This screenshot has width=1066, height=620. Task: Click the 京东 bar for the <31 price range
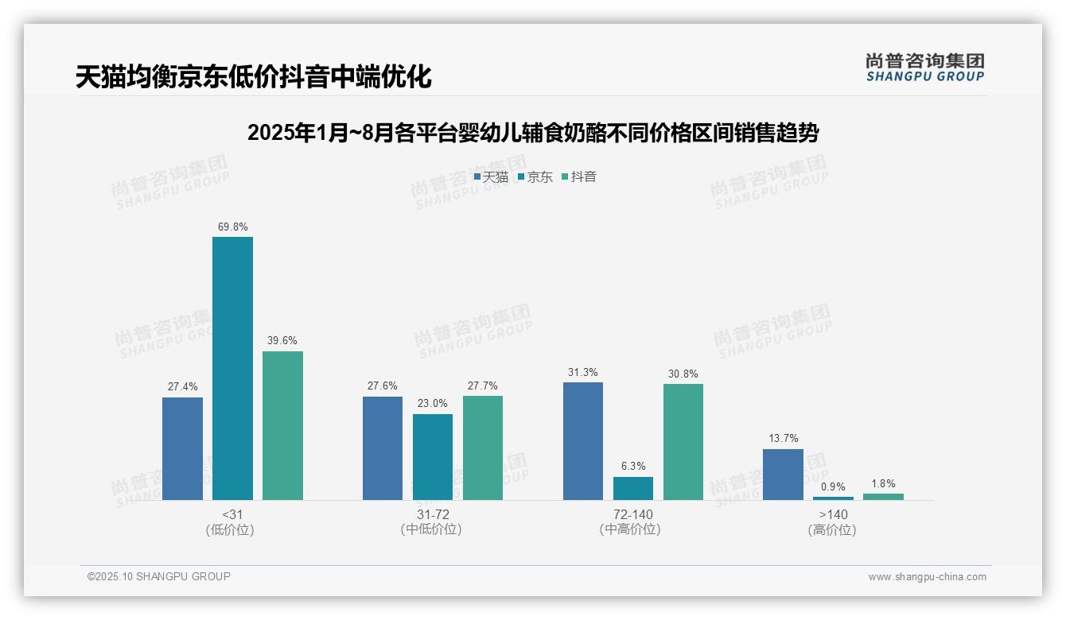pyautogui.click(x=232, y=368)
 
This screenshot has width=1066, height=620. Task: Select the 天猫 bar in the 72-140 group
pyautogui.click(x=583, y=441)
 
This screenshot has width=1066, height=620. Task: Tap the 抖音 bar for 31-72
pyautogui.click(x=483, y=448)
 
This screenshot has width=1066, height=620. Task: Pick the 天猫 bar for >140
pyautogui.click(x=783, y=475)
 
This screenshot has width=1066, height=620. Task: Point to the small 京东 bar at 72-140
pyautogui.click(x=633, y=488)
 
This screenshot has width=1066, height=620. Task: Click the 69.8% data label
pyautogui.click(x=232, y=227)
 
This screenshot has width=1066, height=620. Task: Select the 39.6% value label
pyautogui.click(x=282, y=341)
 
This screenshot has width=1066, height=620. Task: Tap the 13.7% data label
pyautogui.click(x=784, y=439)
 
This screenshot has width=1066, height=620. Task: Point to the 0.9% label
pyautogui.click(x=834, y=487)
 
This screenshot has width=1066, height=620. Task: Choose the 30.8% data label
pyautogui.click(x=683, y=374)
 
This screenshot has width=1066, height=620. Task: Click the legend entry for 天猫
pyautogui.click(x=491, y=177)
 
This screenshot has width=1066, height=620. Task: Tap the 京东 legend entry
pyautogui.click(x=535, y=177)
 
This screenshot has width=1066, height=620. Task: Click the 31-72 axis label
pyautogui.click(x=432, y=514)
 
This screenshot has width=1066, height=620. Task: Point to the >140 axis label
pyautogui.click(x=833, y=514)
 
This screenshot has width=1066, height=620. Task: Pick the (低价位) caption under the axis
pyautogui.click(x=230, y=530)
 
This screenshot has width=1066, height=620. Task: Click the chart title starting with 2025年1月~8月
pyautogui.click(x=533, y=133)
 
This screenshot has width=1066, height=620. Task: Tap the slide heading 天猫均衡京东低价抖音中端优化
pyautogui.click(x=254, y=77)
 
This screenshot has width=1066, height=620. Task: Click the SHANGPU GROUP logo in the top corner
pyautogui.click(x=924, y=68)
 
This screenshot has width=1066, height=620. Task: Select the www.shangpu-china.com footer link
pyautogui.click(x=927, y=577)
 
